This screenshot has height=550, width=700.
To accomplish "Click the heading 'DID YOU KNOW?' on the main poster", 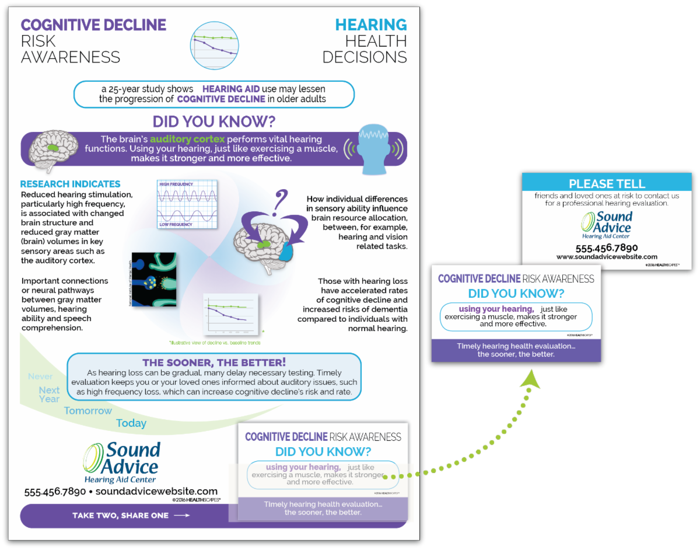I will [214, 121].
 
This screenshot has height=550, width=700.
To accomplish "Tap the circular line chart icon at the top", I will [214, 43].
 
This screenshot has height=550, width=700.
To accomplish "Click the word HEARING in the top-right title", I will [370, 25].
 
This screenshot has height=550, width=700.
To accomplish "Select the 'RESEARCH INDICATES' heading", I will [70, 184].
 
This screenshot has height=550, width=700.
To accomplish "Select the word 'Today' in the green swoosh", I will [131, 423].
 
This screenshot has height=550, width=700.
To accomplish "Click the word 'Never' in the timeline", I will [40, 377].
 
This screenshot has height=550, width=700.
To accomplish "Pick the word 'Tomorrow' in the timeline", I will [87, 410].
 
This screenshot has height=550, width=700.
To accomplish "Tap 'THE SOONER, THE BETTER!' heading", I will [214, 363].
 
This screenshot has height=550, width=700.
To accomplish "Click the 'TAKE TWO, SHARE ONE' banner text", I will [120, 516].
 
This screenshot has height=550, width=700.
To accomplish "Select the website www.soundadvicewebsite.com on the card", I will [607, 257].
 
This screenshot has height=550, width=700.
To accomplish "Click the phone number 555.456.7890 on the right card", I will [607, 248].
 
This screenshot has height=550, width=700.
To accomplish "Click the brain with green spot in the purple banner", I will [53, 148].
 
